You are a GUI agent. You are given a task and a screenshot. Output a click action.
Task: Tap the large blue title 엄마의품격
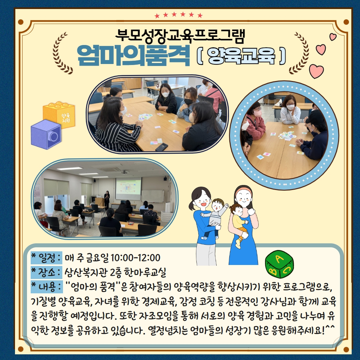pyautogui.click(x=134, y=56)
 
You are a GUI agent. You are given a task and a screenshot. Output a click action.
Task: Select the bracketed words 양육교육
pyautogui.click(x=241, y=56)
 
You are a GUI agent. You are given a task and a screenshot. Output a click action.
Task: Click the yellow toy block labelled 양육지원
pyautogui.click(x=59, y=114)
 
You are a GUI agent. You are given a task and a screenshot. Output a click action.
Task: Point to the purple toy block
pyautogui.click(x=46, y=134)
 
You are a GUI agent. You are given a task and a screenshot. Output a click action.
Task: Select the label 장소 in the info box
pyautogui.click(x=47, y=272)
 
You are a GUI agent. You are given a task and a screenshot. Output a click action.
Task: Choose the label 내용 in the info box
pyautogui.click(x=47, y=287)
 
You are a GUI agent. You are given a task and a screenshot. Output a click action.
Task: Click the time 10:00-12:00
pyautogui.click(x=135, y=258)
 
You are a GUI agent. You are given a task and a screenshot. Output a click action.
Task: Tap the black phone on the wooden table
pyautogui.click(x=162, y=147)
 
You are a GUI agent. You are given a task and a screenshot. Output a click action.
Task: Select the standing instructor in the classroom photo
pyautogui.click(x=107, y=199)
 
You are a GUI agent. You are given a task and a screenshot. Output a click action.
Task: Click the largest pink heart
pyautogui.click(x=316, y=71)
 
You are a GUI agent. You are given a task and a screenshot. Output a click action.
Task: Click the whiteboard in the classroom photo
pyautogui.click(x=153, y=196)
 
